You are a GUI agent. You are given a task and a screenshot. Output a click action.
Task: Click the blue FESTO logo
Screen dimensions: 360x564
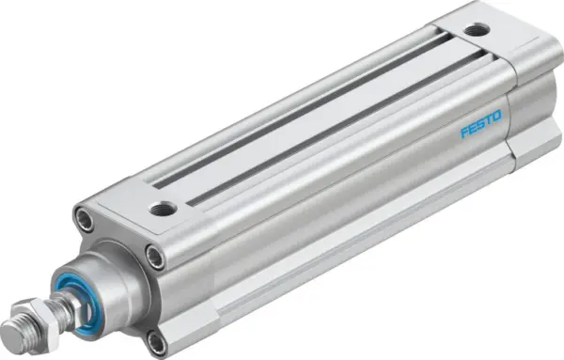click(480, 124)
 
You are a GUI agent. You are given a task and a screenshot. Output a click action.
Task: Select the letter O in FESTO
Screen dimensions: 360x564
click(496, 117)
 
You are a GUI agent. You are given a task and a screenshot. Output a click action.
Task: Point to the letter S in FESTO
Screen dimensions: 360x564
click(479, 124)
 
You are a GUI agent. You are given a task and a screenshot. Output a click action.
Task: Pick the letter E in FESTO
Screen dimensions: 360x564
click(472, 128)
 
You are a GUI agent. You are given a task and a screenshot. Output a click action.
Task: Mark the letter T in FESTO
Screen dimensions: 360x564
click(488, 120)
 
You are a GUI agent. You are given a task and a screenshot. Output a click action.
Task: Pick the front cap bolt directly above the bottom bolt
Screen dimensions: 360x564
click(153, 252)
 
